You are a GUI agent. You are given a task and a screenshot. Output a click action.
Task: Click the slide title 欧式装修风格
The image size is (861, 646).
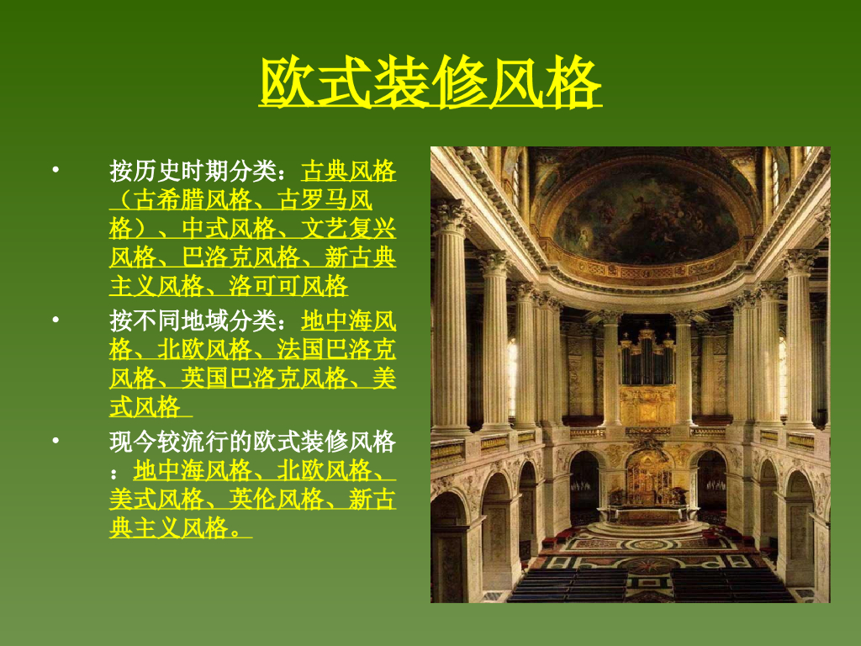click(x=430, y=82)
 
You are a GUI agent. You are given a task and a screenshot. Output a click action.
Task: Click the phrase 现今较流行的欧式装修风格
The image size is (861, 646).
click(x=252, y=442)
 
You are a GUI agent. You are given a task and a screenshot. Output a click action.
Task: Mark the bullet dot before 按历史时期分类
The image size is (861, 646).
click(x=55, y=171)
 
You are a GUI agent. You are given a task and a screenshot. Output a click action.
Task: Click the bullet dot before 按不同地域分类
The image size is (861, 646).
click(x=55, y=320)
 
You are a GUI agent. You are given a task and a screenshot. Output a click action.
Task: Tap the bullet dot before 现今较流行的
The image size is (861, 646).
click(x=55, y=441)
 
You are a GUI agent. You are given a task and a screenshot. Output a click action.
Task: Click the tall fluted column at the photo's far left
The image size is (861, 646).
click(x=451, y=320)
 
